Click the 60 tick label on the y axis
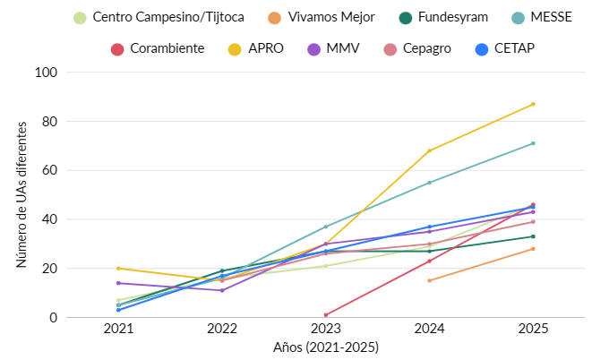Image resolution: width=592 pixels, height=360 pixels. click(50, 170)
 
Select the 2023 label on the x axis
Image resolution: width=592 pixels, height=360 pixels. click(326, 329)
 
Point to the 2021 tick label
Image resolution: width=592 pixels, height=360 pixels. click(118, 329)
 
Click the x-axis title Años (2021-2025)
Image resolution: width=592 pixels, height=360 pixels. click(326, 346)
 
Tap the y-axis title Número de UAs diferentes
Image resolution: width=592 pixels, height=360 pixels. click(21, 194)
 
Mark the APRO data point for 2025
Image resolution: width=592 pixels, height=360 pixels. click(533, 104)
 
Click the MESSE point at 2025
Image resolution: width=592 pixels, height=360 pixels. click(533, 143)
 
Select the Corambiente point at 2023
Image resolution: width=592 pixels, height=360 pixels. click(326, 315)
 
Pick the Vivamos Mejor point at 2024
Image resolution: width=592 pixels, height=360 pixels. click(430, 280)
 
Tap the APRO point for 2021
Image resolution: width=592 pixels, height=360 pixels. click(118, 269)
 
